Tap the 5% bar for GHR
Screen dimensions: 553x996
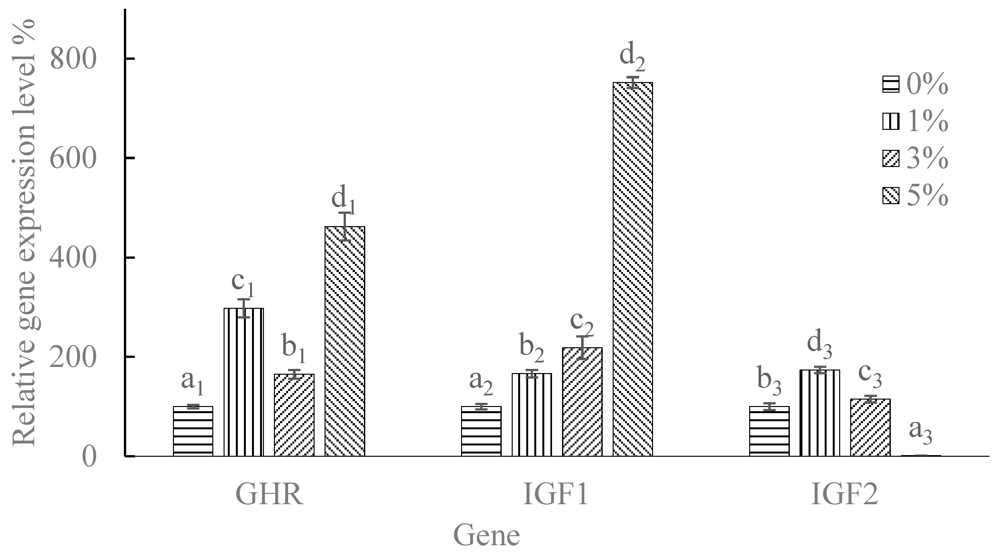coord(345,341)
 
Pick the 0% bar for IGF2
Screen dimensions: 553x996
coord(769,431)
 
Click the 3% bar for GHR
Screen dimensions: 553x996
coord(294,415)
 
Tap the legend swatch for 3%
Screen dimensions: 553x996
coord(891,159)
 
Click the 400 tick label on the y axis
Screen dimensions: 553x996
coord(73,258)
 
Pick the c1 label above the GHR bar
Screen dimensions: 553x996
coord(243,283)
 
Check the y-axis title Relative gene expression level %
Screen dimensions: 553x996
coord(24,232)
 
